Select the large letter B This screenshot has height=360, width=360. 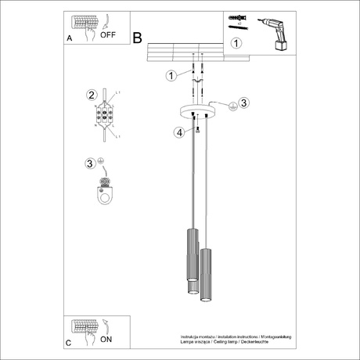pyautogui.click(x=139, y=37)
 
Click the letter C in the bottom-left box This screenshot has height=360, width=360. pyautogui.click(x=69, y=342)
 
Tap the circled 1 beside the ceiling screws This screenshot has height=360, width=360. pyautogui.click(x=171, y=75)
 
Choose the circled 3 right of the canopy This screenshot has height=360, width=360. pyautogui.click(x=243, y=103)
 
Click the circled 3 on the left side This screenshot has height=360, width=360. pyautogui.click(x=90, y=164)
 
